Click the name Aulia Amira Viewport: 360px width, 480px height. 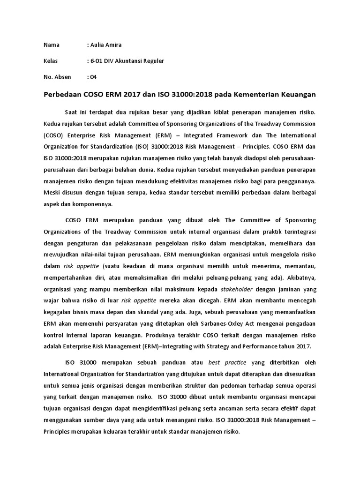pos(107,45)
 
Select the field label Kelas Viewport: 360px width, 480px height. pos(51,61)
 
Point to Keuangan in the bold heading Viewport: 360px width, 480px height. pos(297,94)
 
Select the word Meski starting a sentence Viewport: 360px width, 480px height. pos(52,192)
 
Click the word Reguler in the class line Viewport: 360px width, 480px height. pos(153,61)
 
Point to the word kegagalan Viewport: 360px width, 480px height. pos(60,313)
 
